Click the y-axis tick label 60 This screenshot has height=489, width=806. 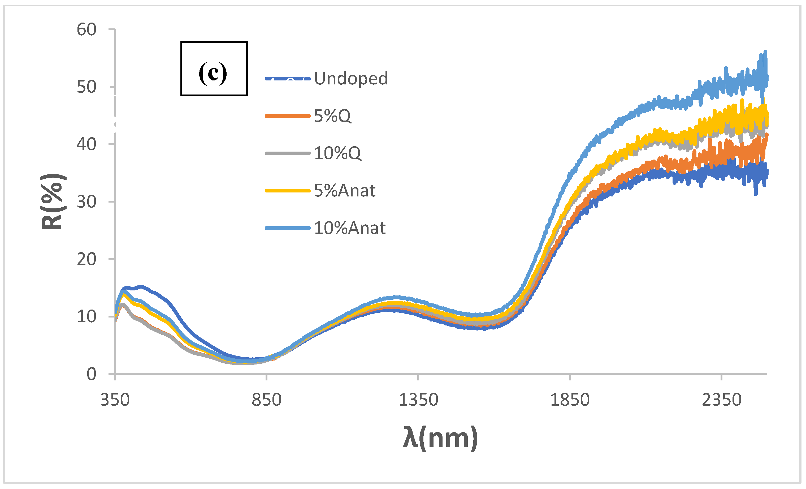(x=86, y=30)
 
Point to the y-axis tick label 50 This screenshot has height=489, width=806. (x=86, y=87)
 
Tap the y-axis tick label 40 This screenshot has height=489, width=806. (x=86, y=144)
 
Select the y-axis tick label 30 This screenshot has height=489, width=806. (x=86, y=202)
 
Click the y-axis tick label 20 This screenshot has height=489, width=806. (x=86, y=259)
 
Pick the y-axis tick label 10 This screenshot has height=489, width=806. (x=86, y=316)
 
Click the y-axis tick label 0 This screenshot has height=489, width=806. (x=91, y=374)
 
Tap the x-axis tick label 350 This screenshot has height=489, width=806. (x=115, y=400)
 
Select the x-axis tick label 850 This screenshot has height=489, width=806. (x=266, y=400)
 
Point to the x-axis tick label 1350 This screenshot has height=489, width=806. (x=418, y=400)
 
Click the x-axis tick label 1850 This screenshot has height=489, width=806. (x=570, y=400)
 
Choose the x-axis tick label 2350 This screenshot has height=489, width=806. (x=721, y=400)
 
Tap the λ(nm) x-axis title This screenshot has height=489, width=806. (x=440, y=438)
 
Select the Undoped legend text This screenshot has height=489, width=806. (x=351, y=79)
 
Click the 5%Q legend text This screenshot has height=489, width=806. (x=332, y=116)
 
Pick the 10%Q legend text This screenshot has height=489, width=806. (x=337, y=153)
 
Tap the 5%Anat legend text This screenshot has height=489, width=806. (x=344, y=191)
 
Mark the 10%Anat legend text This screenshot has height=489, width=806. (x=350, y=228)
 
